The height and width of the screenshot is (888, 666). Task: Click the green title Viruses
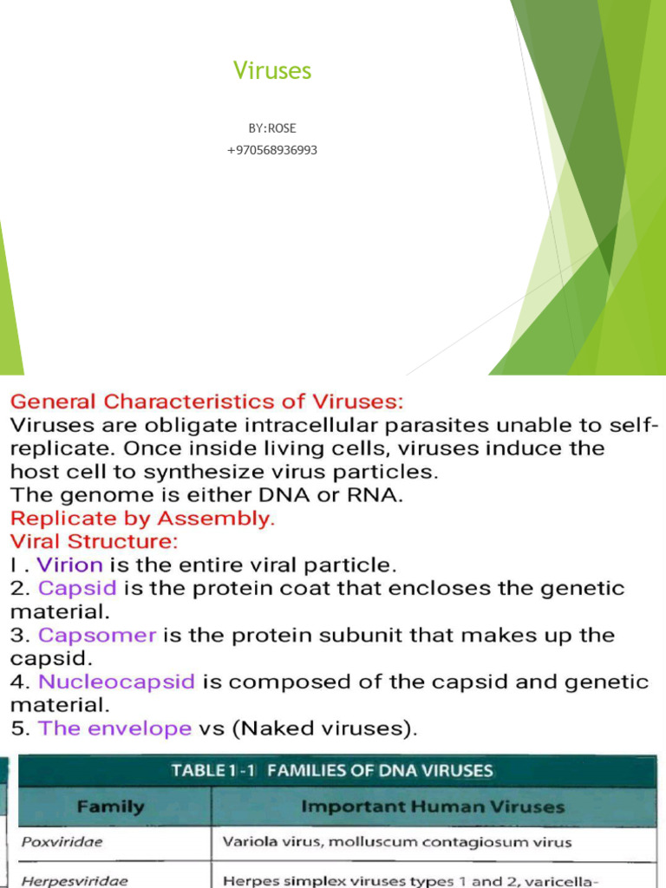272,71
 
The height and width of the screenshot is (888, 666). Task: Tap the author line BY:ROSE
272,128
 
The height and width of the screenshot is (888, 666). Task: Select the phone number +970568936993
272,150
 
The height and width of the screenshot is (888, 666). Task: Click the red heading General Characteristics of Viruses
206,402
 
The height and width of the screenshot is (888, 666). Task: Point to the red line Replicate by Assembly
142,519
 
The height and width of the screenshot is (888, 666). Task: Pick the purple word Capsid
78,589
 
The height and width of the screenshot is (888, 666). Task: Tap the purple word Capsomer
97,636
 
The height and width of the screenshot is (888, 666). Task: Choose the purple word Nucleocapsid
116,682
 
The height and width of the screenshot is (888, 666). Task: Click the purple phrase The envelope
114,728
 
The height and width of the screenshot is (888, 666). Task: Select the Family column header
110,807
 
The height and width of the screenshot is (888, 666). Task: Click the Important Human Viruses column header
432,807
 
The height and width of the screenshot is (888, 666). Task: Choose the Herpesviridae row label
62,880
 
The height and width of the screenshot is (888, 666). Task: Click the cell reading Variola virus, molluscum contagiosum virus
397,842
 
